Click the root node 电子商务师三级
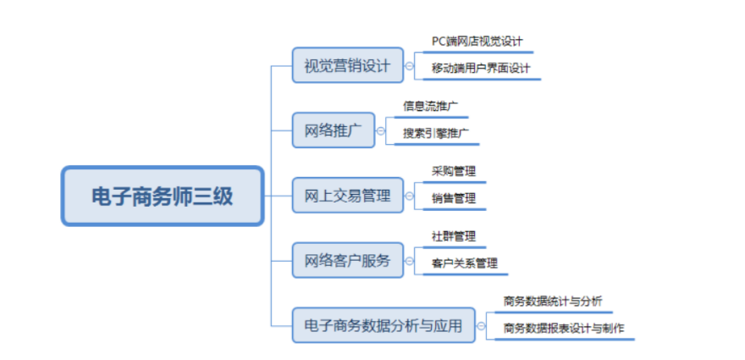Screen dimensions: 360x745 click(163, 196)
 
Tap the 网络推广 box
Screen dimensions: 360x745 click(333, 130)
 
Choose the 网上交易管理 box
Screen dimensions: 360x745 click(347, 196)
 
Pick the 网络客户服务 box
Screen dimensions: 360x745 click(347, 260)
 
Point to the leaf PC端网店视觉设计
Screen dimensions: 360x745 click(477, 41)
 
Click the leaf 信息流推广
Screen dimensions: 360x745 click(430, 106)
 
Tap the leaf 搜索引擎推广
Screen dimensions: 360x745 click(435, 133)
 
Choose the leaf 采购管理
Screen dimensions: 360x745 click(453, 170)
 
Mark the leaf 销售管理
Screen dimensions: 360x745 click(453, 197)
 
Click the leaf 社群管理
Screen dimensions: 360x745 click(453, 235)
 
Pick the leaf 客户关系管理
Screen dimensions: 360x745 click(464, 263)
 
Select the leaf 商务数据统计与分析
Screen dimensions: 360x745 click(552, 300)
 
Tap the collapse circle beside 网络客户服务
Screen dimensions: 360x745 click(409, 260)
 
